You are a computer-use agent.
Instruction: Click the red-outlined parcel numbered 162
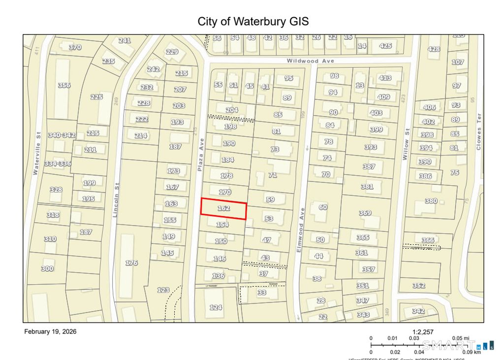point(223,208)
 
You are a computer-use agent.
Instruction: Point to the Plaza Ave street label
point(201,154)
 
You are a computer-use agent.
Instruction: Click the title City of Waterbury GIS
point(253,22)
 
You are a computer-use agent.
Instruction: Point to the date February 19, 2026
point(50,331)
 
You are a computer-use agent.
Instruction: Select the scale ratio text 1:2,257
point(423,332)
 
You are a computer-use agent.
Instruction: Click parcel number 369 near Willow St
point(365,213)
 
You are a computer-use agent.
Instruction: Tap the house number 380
point(431,201)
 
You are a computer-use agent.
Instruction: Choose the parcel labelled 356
point(64,85)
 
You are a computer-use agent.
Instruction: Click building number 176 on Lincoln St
point(131,263)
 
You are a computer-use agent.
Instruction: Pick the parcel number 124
point(216,307)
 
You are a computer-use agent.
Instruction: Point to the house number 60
point(323,207)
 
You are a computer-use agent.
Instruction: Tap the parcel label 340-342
point(62,135)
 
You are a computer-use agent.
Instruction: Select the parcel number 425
point(385,46)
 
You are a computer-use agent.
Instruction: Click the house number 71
point(273,175)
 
